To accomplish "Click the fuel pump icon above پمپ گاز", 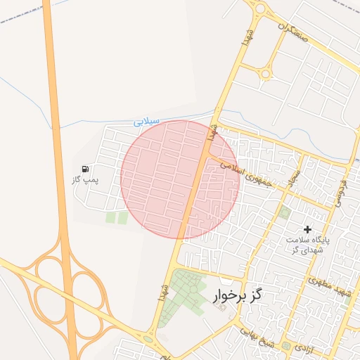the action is click(85, 169).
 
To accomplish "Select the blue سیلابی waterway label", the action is click(147, 122).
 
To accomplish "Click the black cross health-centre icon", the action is click(307, 229).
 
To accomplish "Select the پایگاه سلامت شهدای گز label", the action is click(306, 244).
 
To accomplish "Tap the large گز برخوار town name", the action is click(236, 295).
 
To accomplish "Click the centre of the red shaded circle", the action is click(180, 179).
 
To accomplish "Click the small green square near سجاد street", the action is click(284, 212).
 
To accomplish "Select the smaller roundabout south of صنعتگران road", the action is click(265, 73).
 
